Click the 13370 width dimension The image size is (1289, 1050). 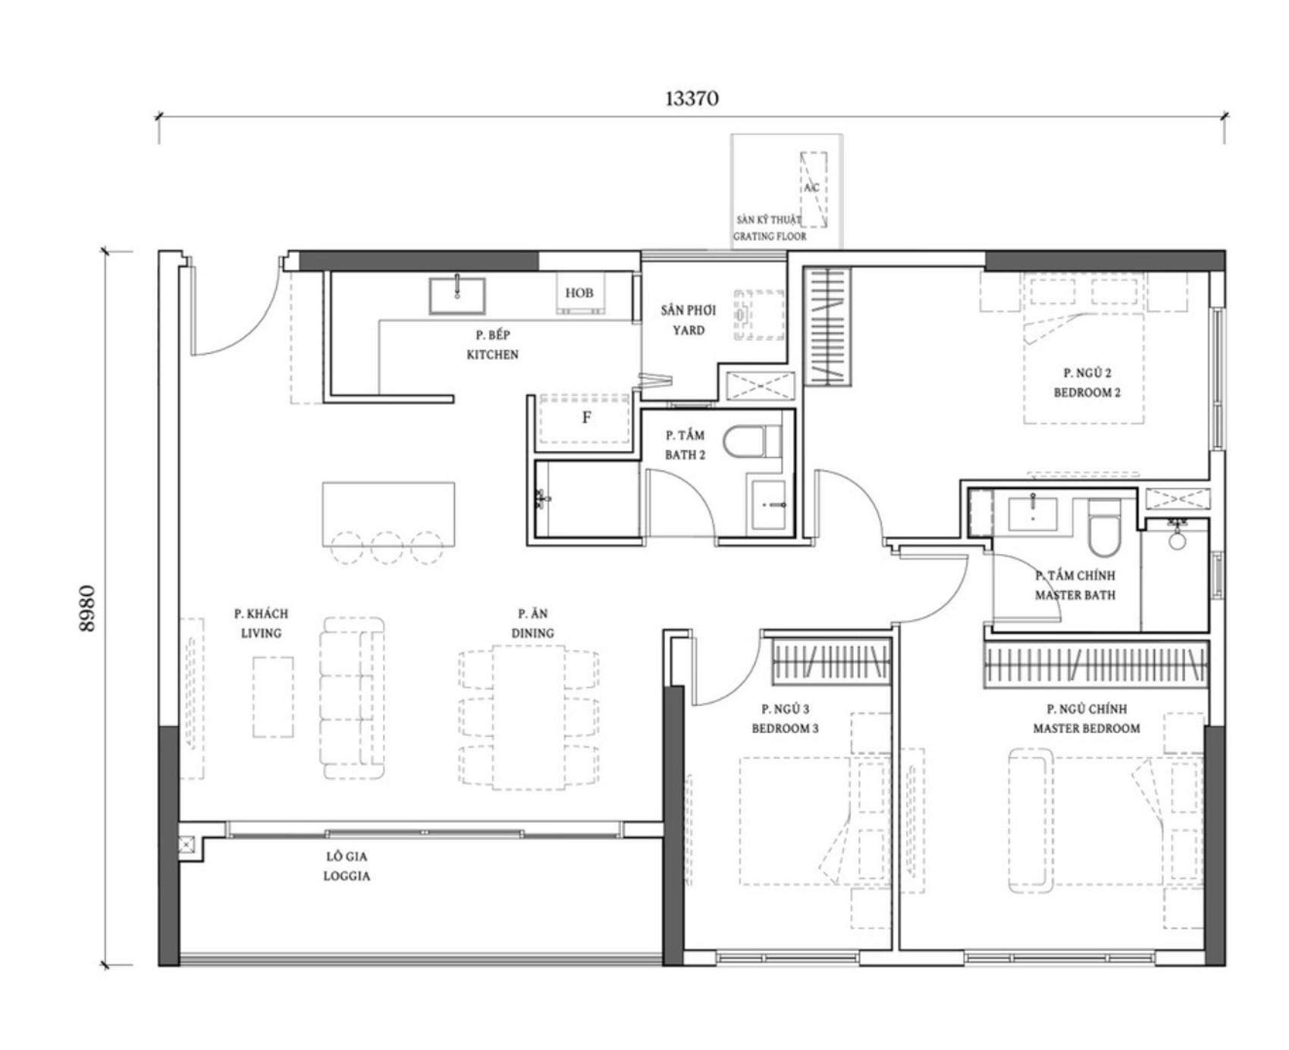click(692, 99)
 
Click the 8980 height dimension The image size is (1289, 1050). click(88, 608)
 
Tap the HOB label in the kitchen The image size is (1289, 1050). click(579, 293)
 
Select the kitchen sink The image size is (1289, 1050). click(457, 296)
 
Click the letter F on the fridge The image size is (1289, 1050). click(586, 417)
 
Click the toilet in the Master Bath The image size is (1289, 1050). click(1103, 528)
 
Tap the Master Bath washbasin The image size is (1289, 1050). click(1033, 512)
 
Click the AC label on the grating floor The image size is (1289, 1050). click(811, 187)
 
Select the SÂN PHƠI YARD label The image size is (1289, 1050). click(688, 320)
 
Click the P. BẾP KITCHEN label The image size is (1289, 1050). click(493, 344)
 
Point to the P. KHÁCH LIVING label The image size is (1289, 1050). click(261, 623)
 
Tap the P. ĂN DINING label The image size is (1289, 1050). click(532, 623)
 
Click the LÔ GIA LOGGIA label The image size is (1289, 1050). click(347, 866)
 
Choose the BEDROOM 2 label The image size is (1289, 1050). click(1087, 393)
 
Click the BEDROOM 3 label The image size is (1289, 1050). click(786, 729)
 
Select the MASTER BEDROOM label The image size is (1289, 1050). click(1087, 729)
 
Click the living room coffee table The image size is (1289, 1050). click(273, 697)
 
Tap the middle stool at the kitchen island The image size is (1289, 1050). click(387, 547)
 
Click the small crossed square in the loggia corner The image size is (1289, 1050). click(187, 845)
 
